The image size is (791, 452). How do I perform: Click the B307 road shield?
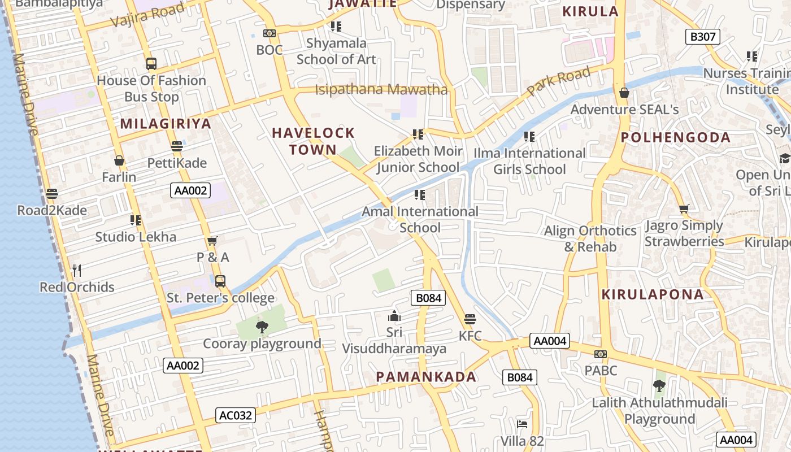point(703,37)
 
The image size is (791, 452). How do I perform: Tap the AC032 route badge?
point(236,416)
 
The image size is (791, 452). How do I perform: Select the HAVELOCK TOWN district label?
point(313,141)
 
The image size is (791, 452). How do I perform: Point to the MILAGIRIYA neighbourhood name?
point(166,124)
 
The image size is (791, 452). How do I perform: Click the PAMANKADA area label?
point(426,377)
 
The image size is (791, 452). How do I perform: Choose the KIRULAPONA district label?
point(653,294)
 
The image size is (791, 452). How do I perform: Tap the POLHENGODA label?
point(675,137)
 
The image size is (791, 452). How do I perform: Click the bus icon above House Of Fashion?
point(151,64)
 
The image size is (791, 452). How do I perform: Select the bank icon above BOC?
point(270,33)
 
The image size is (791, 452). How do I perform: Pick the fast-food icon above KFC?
point(470,319)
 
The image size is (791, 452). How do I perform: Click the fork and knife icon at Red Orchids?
point(77,271)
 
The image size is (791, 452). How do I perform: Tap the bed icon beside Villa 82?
point(522,424)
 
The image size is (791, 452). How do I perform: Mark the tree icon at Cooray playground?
point(262,327)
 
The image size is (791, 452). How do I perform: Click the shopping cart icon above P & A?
point(212,241)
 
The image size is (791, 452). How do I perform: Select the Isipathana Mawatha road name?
point(381,89)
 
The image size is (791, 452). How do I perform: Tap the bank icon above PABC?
point(601,354)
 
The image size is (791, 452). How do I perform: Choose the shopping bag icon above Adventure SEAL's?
point(624,93)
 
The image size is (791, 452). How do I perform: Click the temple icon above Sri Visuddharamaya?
point(394,316)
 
